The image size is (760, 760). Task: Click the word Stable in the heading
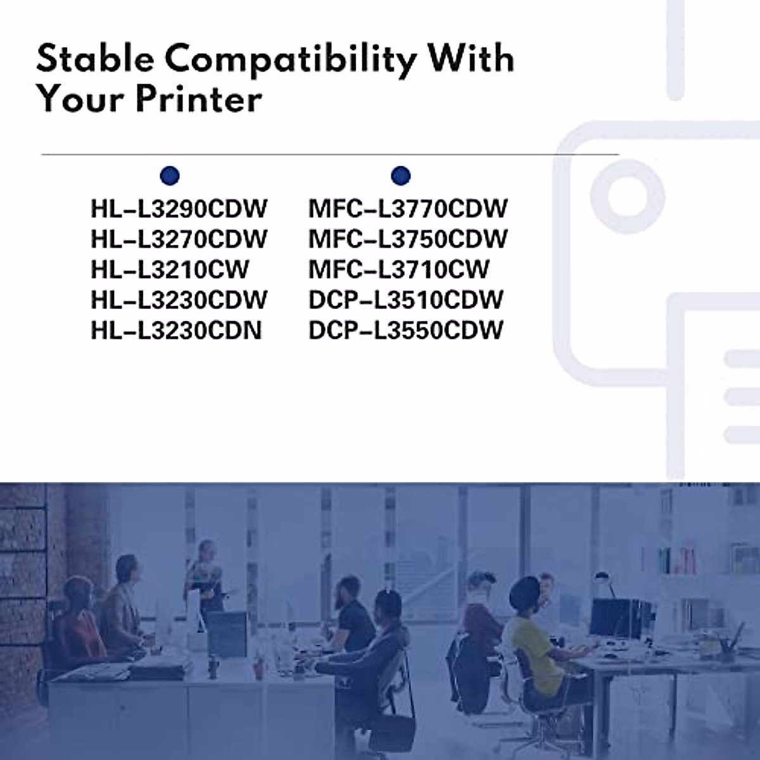95,58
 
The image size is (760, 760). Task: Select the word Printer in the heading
199,99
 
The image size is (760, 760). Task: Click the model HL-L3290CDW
179,208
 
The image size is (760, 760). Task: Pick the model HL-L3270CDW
179,239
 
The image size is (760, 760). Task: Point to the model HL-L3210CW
170,269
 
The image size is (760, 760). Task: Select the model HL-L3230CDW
179,300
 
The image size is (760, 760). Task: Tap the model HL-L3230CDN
176,330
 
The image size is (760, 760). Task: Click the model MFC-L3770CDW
408,208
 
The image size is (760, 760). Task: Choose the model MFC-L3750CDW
408,239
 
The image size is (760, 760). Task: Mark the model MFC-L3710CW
399,269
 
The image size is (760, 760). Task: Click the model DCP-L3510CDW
406,300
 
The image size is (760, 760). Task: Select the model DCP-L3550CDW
406,330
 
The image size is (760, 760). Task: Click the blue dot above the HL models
170,175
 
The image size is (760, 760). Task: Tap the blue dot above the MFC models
401,175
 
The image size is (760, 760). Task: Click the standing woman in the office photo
205,576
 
